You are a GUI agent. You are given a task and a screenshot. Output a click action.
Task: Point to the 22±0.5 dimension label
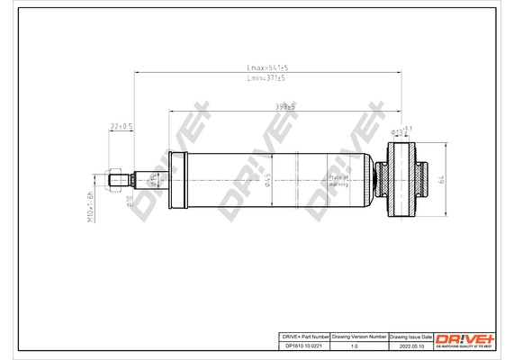pos(122,126)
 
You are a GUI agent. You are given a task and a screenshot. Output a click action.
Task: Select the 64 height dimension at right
pos(442,180)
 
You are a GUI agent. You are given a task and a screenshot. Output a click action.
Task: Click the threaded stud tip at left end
pos(114,179)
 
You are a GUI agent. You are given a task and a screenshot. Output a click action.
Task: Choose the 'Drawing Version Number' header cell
pos(359,335)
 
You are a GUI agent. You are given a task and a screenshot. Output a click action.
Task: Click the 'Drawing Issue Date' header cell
pos(410,335)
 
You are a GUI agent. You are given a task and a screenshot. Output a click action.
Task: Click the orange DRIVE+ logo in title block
pos(464,338)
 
